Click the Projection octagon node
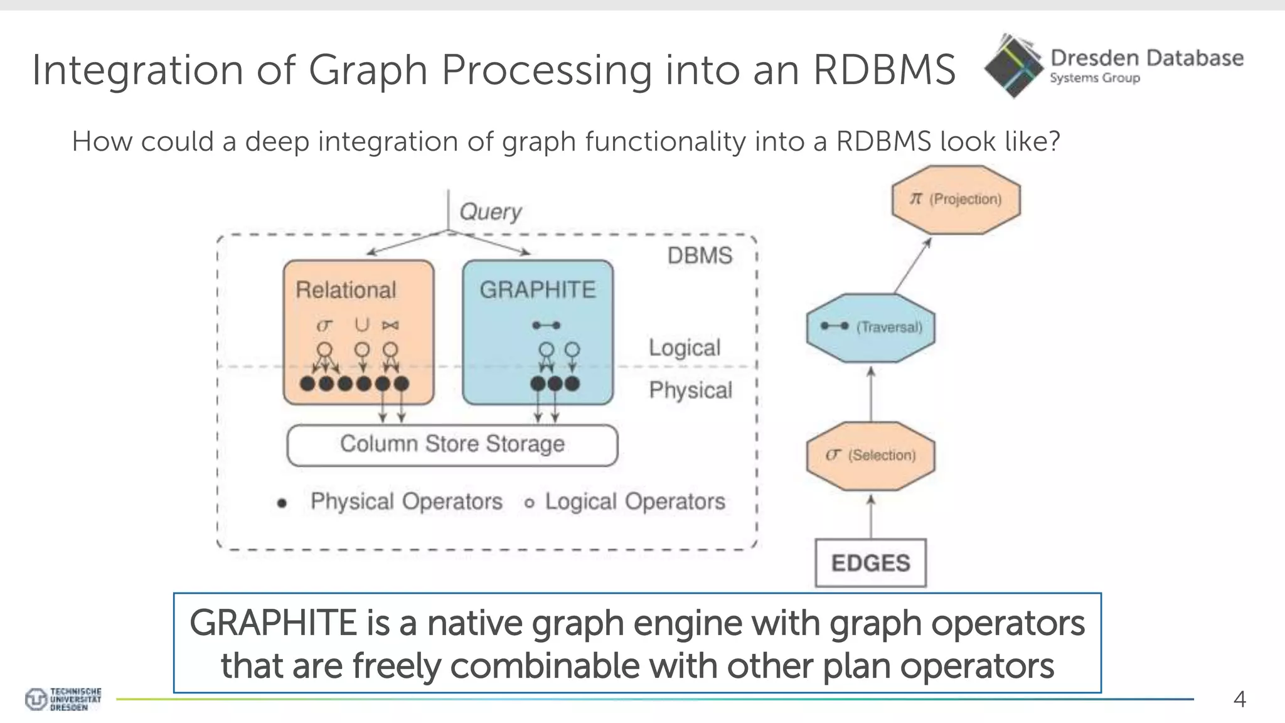[956, 200]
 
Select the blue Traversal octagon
[870, 328]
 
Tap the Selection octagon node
[870, 456]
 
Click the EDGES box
[870, 563]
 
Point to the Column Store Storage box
[452, 444]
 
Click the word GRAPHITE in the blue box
[538, 290]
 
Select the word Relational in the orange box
[346, 290]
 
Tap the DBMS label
[700, 256]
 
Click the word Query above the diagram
[490, 212]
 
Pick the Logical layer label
[685, 348]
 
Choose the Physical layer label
[690, 390]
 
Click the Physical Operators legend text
[406, 501]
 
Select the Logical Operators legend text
[634, 501]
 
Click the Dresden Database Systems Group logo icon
[1013, 66]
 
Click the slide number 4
[1239, 699]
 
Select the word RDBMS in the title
[884, 69]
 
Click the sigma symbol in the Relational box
[324, 325]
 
